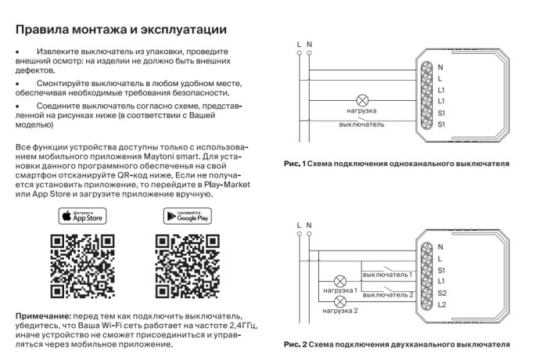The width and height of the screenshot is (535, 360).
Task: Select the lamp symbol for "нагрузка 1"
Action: point(340,279)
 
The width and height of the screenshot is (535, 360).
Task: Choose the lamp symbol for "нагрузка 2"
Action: point(340,301)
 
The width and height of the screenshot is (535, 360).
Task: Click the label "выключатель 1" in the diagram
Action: point(388,275)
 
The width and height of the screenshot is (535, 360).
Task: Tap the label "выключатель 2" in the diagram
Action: point(388,294)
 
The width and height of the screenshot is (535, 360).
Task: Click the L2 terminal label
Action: point(442,304)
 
